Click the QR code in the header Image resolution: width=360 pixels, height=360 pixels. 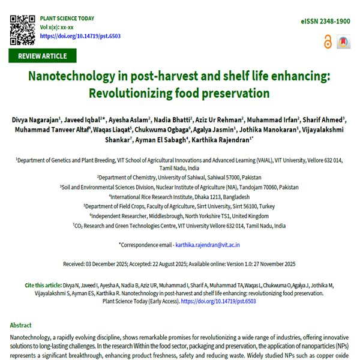(x=22, y=27)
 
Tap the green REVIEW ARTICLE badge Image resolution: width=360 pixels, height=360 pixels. (x=43, y=56)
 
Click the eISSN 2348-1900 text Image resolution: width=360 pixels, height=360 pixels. (x=325, y=21)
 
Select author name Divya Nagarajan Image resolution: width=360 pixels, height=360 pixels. (x=35, y=121)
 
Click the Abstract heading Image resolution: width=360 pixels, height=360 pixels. (x=21, y=324)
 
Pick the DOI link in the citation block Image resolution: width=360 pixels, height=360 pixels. (x=226, y=301)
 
